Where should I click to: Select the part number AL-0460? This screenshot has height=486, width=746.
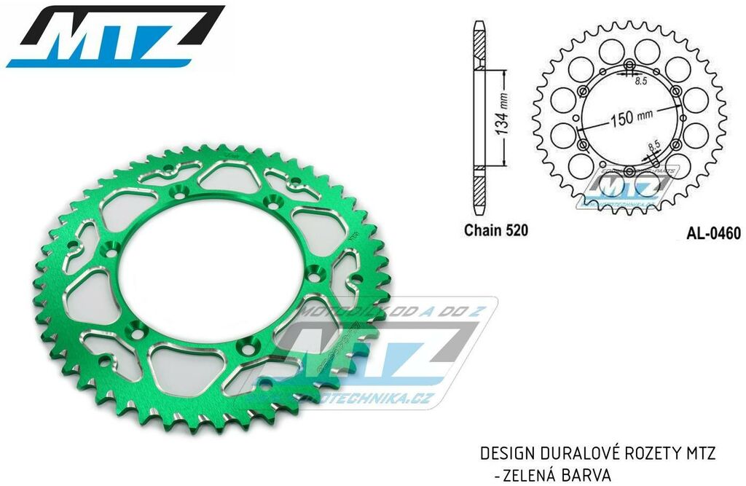pos(713,234)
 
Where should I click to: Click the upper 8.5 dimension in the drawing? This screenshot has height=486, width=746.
pos(640,82)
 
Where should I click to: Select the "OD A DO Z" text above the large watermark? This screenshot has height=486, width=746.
pos(437,310)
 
